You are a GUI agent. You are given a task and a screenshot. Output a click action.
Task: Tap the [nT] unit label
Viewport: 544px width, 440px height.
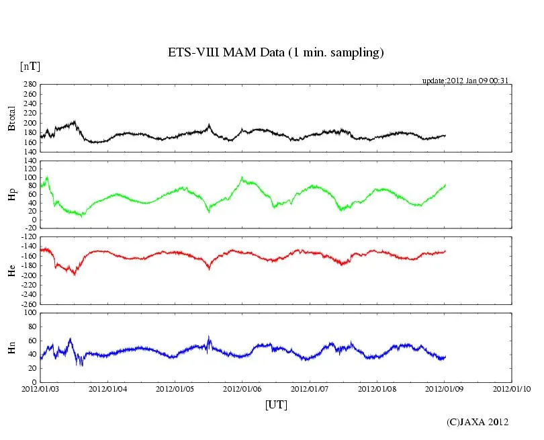[x=30, y=67]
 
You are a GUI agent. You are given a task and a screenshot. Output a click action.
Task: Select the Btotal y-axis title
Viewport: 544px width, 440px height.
[x=11, y=118]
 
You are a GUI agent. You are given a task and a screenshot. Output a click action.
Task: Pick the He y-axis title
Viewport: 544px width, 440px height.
[x=11, y=270]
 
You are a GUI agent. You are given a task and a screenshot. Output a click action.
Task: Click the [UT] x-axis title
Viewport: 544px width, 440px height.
[x=276, y=404]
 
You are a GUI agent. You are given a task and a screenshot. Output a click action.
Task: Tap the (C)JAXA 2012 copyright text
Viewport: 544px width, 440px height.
[x=478, y=422]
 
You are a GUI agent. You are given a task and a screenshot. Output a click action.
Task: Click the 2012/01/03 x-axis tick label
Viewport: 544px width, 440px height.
[x=40, y=388]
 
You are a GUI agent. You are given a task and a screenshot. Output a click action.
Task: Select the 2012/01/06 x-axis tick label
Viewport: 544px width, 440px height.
[x=242, y=388]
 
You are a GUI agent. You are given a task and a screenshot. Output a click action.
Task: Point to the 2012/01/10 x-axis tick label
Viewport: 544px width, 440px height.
[x=512, y=388]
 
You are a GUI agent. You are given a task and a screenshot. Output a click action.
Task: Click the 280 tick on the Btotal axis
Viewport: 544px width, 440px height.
[x=30, y=85]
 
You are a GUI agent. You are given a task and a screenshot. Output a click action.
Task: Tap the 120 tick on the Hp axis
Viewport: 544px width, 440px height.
[x=30, y=161]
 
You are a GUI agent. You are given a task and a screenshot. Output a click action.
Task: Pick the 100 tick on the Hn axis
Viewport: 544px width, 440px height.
[x=30, y=313]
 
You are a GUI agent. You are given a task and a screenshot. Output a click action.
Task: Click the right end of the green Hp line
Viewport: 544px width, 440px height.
[x=445, y=185]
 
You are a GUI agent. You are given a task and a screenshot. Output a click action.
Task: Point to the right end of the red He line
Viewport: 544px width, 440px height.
[x=445, y=251]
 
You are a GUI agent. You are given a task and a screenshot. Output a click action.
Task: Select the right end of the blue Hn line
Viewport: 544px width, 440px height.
[x=445, y=357]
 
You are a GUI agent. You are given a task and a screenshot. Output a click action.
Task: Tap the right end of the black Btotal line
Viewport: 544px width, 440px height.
[x=445, y=136]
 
